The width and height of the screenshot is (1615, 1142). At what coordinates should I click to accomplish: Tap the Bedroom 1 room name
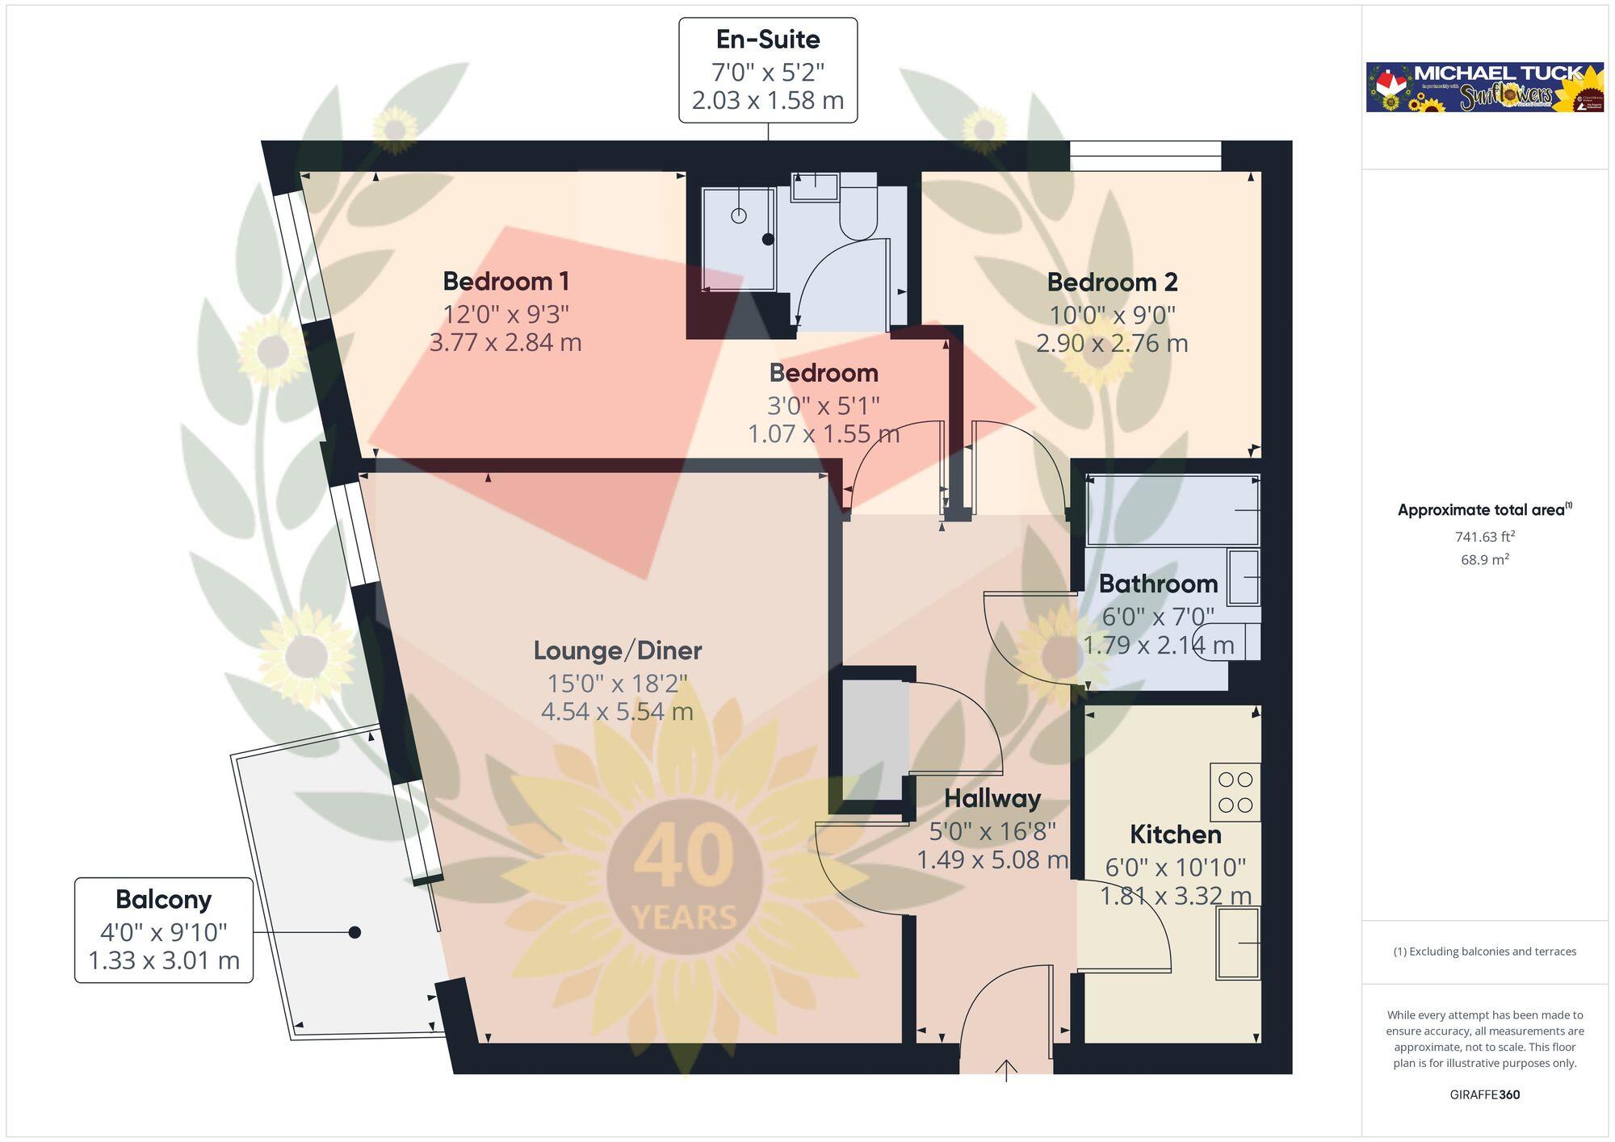[x=505, y=282]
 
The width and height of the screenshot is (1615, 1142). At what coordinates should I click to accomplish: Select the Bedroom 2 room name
[x=1112, y=282]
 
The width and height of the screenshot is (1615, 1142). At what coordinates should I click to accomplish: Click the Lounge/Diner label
[x=617, y=650]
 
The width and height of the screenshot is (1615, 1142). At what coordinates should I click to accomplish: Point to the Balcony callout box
[x=164, y=930]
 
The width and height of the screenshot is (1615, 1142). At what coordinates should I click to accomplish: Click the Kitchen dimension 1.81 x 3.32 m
[x=1175, y=896]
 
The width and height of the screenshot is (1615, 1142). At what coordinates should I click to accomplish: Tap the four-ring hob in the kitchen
[x=1235, y=792]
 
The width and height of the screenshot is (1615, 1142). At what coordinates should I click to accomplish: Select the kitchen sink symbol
[x=1238, y=943]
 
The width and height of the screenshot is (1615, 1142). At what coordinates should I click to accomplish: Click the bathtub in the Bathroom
[x=1172, y=511]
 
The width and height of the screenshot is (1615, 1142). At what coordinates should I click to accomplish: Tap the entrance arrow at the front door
[x=1006, y=1071]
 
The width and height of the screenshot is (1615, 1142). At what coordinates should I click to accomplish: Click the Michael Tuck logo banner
[x=1484, y=87]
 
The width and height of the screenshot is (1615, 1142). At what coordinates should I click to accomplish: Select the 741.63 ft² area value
[x=1484, y=537]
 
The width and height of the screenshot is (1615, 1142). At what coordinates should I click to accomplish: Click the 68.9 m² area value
[x=1484, y=559]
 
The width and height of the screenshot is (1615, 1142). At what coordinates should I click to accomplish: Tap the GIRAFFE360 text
[x=1484, y=1094]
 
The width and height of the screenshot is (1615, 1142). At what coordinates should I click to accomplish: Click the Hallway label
[x=992, y=798]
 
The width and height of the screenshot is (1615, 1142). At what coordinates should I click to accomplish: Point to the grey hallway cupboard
[x=875, y=739]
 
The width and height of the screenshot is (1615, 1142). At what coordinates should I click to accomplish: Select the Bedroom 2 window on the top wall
[x=1145, y=156]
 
